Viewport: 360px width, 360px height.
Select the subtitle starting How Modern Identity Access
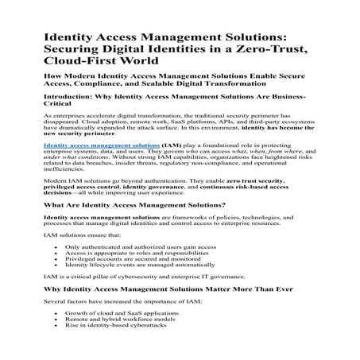[x=178, y=78]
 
